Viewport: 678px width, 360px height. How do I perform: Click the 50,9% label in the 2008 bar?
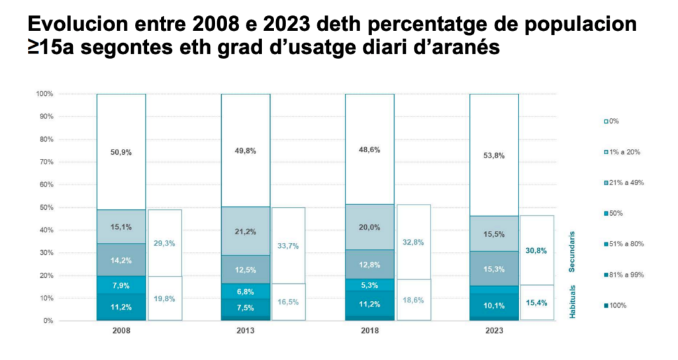click(121, 152)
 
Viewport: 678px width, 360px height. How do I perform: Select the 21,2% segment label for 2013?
click(246, 232)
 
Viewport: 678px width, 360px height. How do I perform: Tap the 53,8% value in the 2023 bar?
click(494, 156)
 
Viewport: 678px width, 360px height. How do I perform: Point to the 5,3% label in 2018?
click(369, 286)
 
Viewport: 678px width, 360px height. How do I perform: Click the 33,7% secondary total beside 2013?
click(287, 246)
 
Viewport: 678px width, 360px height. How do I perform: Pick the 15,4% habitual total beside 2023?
click(536, 302)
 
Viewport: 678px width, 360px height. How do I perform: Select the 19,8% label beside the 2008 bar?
click(164, 298)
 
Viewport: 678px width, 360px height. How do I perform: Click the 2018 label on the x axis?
click(369, 331)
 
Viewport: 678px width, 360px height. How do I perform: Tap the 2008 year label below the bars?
click(121, 331)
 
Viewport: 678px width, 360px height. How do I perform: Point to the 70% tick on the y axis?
click(44, 162)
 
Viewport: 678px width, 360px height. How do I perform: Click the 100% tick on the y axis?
click(43, 94)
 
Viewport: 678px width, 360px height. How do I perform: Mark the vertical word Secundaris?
click(572, 251)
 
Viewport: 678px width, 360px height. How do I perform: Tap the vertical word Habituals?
click(572, 302)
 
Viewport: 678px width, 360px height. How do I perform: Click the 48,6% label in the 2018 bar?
click(369, 150)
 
